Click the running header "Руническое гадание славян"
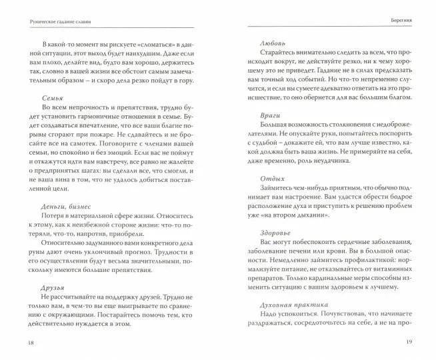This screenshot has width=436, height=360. click(54, 21)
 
